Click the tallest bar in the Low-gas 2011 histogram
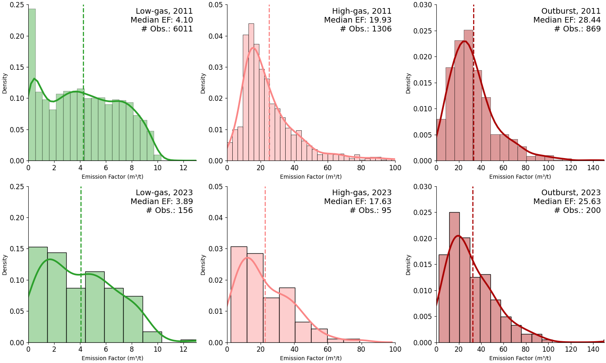(32, 85)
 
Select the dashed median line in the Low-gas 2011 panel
(83, 101)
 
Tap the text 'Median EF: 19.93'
(358, 20)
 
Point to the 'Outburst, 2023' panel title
(571, 193)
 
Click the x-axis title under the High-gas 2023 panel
(311, 358)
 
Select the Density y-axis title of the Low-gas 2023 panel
(5, 265)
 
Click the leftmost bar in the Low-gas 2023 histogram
(38, 294)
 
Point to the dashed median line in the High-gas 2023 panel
(265, 242)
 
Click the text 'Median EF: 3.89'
(162, 202)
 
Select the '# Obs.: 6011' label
(167, 29)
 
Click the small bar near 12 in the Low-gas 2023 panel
(188, 341)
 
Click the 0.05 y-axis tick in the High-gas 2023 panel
(217, 186)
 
